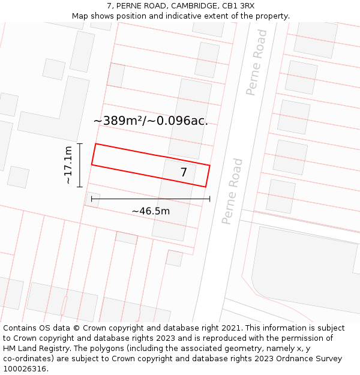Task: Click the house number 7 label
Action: pyautogui.click(x=184, y=173)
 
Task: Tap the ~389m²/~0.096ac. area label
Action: pyautogui.click(x=151, y=121)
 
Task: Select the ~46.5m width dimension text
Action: pyautogui.click(x=151, y=211)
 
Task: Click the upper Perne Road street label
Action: pyautogui.click(x=256, y=70)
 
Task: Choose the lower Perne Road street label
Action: pyautogui.click(x=232, y=191)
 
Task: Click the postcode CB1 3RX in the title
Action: pyautogui.click(x=238, y=5)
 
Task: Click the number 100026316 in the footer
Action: pyautogui.click(x=24, y=368)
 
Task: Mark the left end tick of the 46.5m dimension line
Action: pyautogui.click(x=91, y=199)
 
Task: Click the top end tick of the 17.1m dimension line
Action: pyautogui.click(x=79, y=144)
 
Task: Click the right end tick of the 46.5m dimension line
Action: pyautogui.click(x=210, y=199)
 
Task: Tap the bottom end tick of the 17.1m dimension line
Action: pyautogui.click(x=79, y=187)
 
